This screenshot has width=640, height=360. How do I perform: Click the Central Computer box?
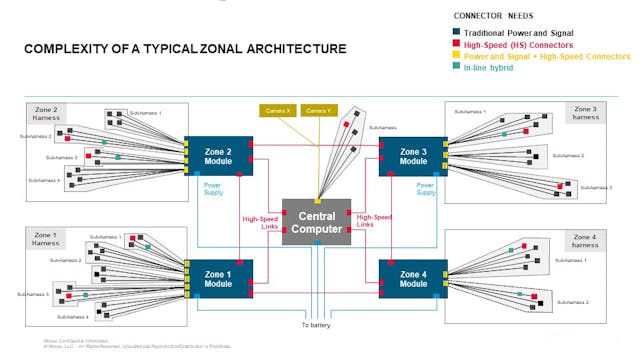tap(316, 222)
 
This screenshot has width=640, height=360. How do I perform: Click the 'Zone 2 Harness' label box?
tap(46, 113)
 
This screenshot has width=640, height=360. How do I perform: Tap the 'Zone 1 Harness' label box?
tap(46, 239)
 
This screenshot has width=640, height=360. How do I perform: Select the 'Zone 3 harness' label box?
tap(585, 113)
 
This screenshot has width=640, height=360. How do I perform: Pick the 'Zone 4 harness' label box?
tap(585, 240)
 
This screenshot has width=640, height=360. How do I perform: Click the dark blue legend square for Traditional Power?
tap(457, 33)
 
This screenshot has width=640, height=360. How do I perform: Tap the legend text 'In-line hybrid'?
tap(496, 68)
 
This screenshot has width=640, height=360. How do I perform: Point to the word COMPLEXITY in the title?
tap(68, 49)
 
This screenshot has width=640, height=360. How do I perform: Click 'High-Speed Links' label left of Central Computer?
tap(259, 222)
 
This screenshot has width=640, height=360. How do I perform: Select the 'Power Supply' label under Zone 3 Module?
tap(426, 188)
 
